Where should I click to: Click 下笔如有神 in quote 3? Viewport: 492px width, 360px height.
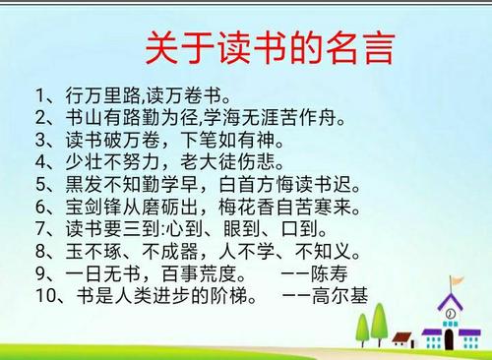click(x=221, y=141)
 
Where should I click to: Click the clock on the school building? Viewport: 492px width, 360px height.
click(x=450, y=315)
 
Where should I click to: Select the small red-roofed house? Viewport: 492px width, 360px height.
click(x=401, y=340)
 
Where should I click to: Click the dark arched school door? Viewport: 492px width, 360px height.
click(x=450, y=341)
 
